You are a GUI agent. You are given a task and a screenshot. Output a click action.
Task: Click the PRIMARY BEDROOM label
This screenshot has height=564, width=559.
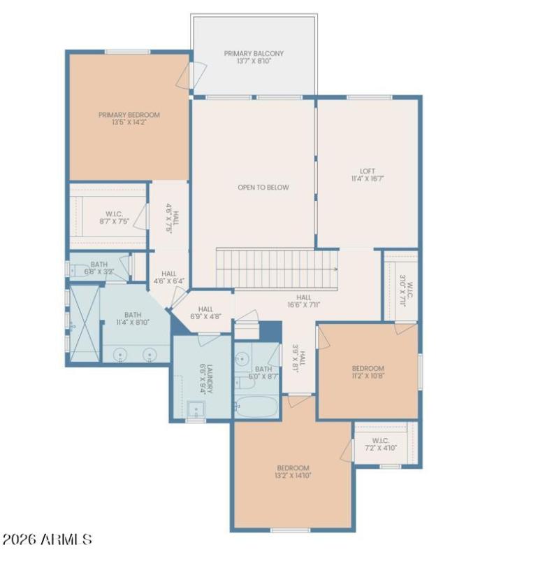point(129,119)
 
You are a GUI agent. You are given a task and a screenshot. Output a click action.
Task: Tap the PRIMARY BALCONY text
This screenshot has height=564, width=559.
point(254,57)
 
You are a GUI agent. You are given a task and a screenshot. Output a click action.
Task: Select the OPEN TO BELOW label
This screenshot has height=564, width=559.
point(263,188)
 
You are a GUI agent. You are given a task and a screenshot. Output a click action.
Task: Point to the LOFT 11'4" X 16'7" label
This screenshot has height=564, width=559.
point(368,174)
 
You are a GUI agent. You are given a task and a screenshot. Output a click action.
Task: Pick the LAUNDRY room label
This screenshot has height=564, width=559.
point(203,379)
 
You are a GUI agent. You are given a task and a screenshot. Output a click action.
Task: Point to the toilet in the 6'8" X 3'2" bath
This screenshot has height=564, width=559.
point(76,269)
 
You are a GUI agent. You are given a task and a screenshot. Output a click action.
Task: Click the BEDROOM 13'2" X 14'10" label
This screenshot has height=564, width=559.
point(293,471)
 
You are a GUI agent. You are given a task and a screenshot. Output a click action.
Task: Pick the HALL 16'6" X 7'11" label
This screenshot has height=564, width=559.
point(303,301)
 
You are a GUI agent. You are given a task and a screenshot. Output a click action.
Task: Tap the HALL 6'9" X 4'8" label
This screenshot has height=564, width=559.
point(205,313)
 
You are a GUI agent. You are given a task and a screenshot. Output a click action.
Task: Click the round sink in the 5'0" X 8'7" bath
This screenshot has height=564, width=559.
point(242,359)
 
